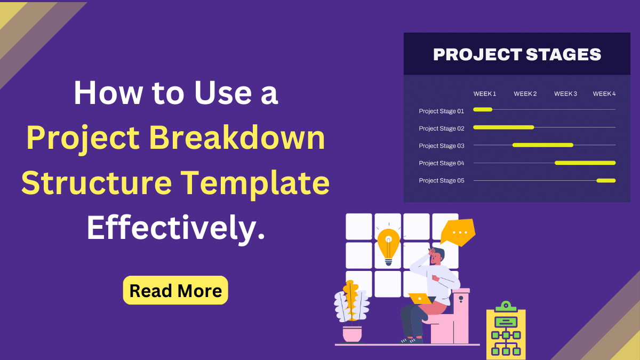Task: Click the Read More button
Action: [x=175, y=291]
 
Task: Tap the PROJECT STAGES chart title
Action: [x=517, y=54]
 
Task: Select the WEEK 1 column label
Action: [x=485, y=94]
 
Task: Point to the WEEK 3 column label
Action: [x=565, y=94]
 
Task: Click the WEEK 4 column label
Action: [x=604, y=94]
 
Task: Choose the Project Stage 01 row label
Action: [x=441, y=111]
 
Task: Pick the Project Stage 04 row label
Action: [x=441, y=163]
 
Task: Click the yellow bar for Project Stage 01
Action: [x=483, y=109]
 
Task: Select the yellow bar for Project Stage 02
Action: [x=503, y=127]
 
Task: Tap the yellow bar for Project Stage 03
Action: [x=543, y=145]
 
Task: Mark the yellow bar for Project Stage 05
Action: [x=606, y=180]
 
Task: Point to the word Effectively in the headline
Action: [x=175, y=228]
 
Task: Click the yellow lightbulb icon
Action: [x=388, y=245]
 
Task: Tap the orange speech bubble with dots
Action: [x=459, y=232]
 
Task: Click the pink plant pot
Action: [x=352, y=334]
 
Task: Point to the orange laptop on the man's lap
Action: [x=420, y=299]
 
